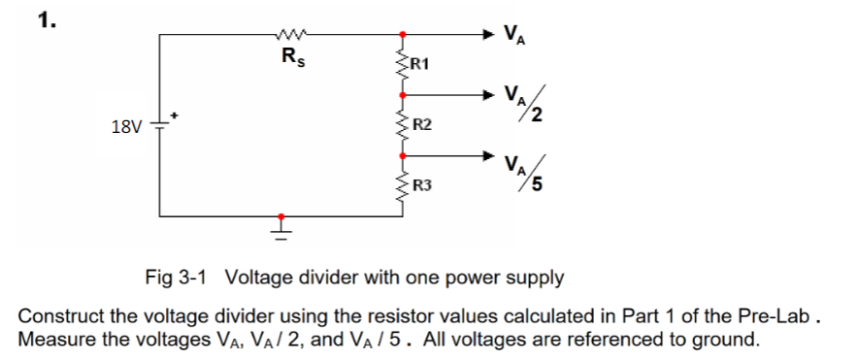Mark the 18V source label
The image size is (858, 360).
tap(126, 127)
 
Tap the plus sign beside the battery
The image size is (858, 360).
tap(176, 115)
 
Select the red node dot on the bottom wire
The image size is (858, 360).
tap(281, 216)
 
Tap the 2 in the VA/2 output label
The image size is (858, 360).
tap(535, 118)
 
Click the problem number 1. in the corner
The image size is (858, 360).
tap(46, 20)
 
